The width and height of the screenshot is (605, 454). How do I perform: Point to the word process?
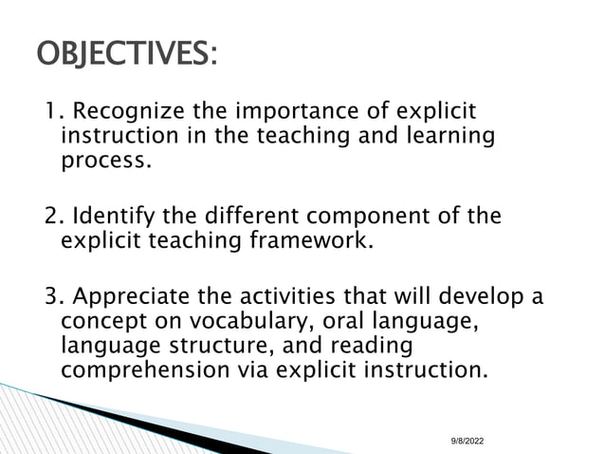[x=106, y=161]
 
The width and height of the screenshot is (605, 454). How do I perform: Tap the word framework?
[x=312, y=240]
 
